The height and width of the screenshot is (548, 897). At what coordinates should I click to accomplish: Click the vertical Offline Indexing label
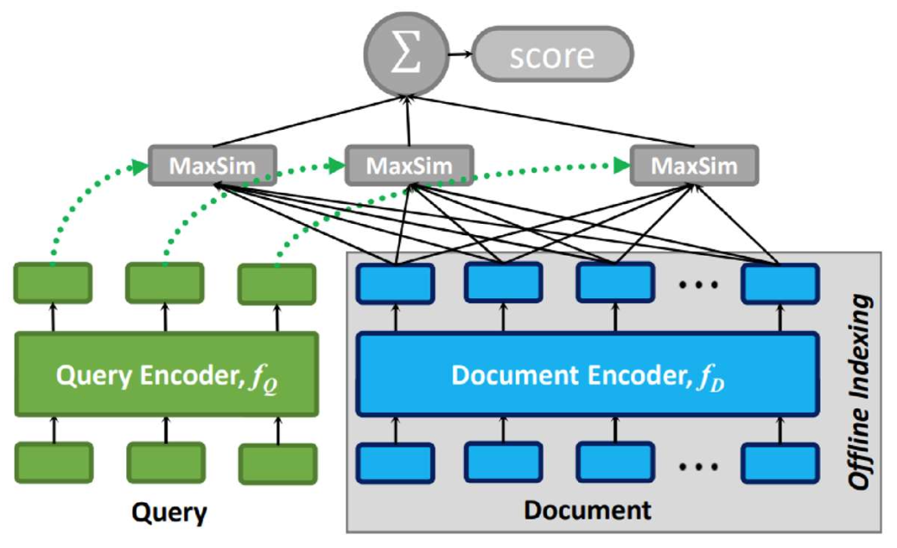pos(857,393)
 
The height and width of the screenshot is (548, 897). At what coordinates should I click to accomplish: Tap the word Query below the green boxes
pos(169,513)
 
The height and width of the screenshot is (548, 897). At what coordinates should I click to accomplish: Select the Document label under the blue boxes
pos(587,510)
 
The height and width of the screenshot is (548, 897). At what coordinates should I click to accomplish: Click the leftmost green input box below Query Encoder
pos(54,462)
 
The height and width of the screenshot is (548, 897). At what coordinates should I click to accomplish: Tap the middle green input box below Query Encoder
pos(166,462)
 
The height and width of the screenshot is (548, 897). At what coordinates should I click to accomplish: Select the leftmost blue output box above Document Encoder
pos(395,284)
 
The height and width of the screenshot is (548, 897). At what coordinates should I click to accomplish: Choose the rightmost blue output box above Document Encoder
pos(780,284)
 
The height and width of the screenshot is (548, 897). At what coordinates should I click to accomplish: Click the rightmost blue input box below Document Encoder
pos(780,462)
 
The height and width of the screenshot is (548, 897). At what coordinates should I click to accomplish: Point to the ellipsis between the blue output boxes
pos(697,284)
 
